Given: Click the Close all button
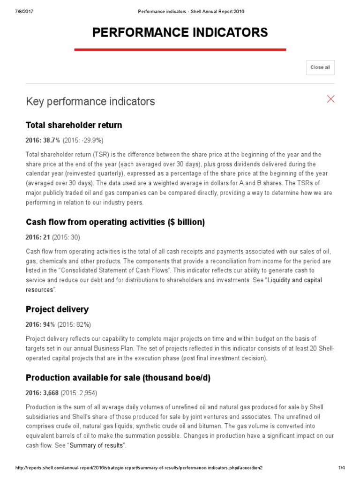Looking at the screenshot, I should point(320,67).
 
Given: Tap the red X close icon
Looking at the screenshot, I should point(331,99).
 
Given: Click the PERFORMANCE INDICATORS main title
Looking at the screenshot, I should point(180,32).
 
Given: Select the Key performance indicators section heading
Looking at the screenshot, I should point(90,101).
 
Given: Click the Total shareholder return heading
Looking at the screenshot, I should point(74,125).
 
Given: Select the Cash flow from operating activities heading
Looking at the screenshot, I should point(115,222).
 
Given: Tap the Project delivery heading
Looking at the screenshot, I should point(57,309).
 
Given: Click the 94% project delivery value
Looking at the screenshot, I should point(47,324).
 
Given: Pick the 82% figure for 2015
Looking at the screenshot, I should point(82,324).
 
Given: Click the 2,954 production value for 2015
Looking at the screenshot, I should point(86,393).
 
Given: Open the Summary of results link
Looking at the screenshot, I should point(97,445).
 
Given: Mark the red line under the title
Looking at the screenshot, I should point(180,49).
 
